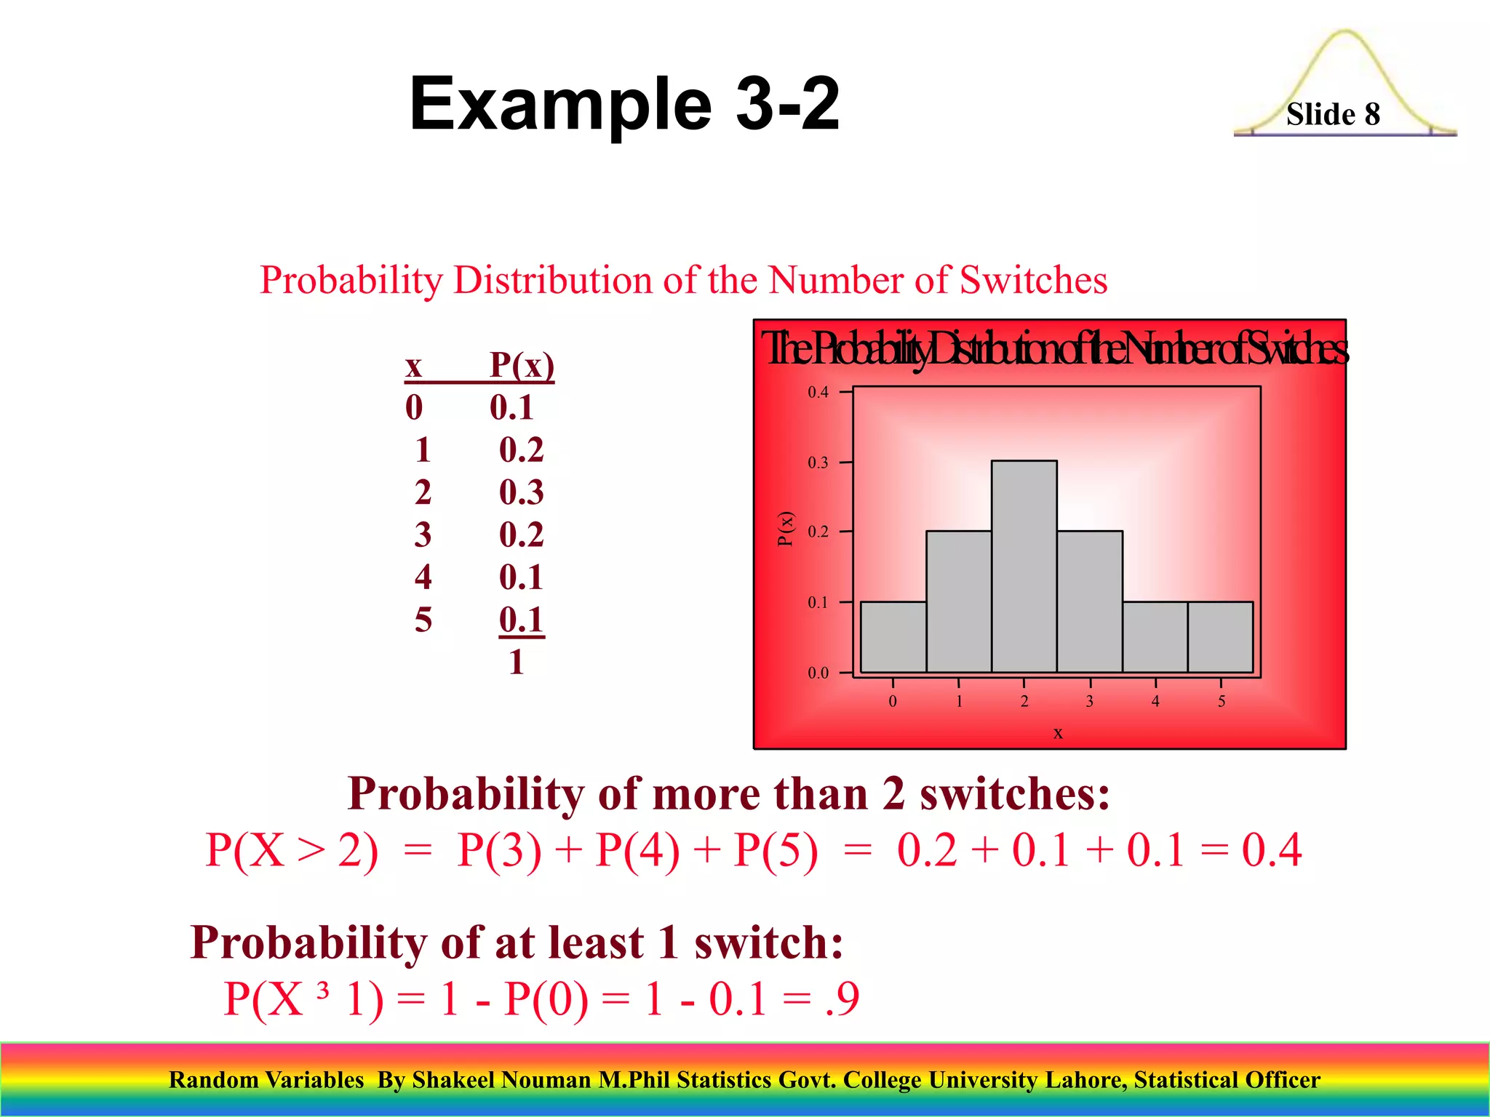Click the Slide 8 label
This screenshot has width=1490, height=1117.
pos(1333,114)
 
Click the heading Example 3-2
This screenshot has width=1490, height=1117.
pos(624,104)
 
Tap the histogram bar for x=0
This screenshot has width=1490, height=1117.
pos(893,637)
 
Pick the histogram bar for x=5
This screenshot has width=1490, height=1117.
pos(1220,637)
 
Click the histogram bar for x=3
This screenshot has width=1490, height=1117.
pos(1089,602)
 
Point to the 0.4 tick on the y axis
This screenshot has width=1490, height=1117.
pos(818,393)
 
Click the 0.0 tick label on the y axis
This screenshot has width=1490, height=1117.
pos(818,673)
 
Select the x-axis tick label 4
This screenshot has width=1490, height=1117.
pos(1155,702)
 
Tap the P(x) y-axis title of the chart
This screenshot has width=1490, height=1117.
pos(785,529)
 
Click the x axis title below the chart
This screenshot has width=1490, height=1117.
pos(1058,733)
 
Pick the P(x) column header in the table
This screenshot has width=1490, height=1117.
pos(522,364)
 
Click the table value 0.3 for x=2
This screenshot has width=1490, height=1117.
pos(521,492)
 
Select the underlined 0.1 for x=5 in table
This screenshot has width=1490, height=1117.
pos(521,620)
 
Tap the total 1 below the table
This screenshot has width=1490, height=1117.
pos(517,662)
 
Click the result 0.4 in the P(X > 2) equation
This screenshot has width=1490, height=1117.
pos(1272,849)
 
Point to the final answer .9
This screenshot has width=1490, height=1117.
pos(842,998)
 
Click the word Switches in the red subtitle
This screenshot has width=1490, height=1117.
pos(1033,280)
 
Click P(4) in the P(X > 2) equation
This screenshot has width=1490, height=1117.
pos(637,849)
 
